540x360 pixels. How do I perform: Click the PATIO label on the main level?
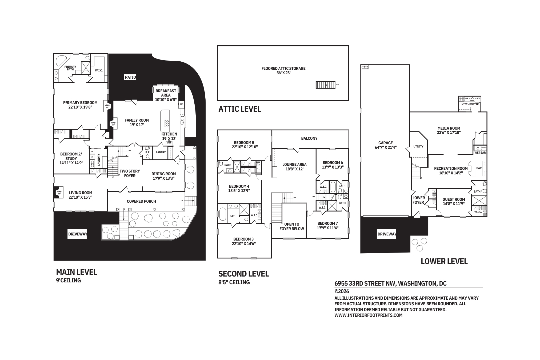click(x=130, y=77)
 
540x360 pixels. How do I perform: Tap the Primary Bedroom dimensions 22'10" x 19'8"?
click(x=80, y=107)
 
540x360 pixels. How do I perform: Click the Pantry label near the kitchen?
click(x=161, y=152)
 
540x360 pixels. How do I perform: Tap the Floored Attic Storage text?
click(x=283, y=68)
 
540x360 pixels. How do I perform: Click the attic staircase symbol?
click(x=325, y=85)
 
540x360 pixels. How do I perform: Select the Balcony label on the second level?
click(x=309, y=138)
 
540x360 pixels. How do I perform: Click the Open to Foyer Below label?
click(x=292, y=226)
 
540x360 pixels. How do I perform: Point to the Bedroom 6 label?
click(x=333, y=162)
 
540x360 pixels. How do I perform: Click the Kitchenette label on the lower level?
click(x=470, y=104)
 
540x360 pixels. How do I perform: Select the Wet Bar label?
click(x=480, y=153)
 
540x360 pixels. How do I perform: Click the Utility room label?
click(x=418, y=146)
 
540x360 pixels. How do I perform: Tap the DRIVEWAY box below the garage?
click(x=386, y=234)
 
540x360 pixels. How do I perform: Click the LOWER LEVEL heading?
click(x=444, y=261)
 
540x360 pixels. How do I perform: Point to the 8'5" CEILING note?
click(x=234, y=282)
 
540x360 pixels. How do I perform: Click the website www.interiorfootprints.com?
click(x=368, y=315)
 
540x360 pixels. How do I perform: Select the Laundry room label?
click(x=99, y=160)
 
